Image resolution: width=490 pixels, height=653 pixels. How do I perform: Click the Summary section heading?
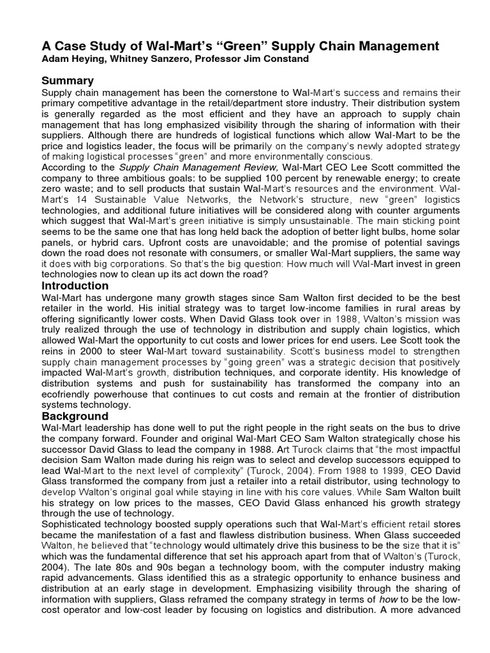click(68, 80)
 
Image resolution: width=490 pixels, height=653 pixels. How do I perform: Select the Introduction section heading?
click(75, 286)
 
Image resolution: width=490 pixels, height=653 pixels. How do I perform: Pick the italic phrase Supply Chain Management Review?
click(186, 167)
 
